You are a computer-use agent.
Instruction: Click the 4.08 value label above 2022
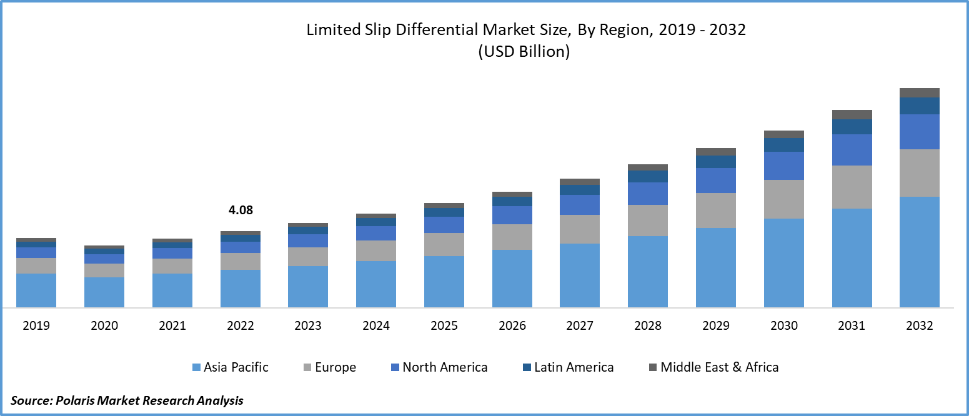pyautogui.click(x=241, y=210)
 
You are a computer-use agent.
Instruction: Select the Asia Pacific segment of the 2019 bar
pyautogui.click(x=36, y=290)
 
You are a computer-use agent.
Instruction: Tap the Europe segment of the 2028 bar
pyautogui.click(x=648, y=220)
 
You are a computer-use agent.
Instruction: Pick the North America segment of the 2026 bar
pyautogui.click(x=512, y=215)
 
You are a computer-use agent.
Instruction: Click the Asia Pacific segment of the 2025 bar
pyautogui.click(x=444, y=282)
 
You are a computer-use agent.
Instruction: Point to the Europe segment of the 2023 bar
pyautogui.click(x=308, y=257)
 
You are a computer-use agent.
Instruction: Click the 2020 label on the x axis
pyautogui.click(x=104, y=325)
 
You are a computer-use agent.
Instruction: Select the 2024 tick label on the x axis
pyautogui.click(x=376, y=325)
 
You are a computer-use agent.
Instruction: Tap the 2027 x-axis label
pyautogui.click(x=580, y=325)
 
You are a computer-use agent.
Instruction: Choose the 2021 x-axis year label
pyautogui.click(x=172, y=325)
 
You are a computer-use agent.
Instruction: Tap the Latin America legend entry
pyautogui.click(x=567, y=367)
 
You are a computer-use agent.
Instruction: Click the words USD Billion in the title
pyautogui.click(x=524, y=52)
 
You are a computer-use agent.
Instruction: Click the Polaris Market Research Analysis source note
pyautogui.click(x=127, y=400)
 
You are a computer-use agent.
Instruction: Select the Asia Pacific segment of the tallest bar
pyautogui.click(x=920, y=252)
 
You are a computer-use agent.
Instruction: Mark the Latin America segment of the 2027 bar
pyautogui.click(x=580, y=190)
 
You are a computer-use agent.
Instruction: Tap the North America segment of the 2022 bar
pyautogui.click(x=241, y=247)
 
